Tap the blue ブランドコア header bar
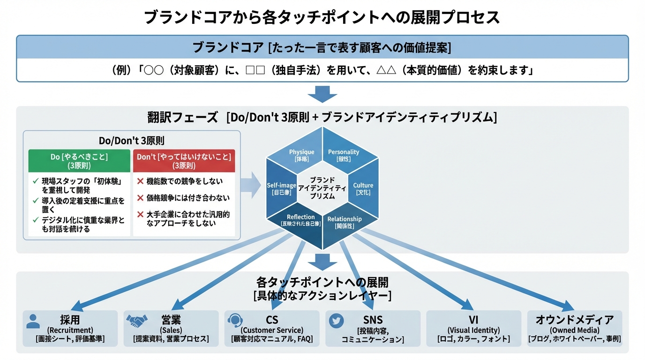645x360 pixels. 322,47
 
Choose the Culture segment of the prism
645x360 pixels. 363,188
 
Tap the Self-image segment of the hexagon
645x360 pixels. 281,188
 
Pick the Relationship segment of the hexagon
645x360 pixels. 345,222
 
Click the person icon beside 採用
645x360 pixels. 33,321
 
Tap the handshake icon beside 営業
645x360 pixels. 136,321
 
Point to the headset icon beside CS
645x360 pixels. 234,321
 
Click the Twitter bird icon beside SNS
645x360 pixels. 336,321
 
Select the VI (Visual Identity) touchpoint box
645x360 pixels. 473,328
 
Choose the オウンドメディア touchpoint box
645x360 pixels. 575,328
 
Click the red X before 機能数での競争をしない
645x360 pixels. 140,181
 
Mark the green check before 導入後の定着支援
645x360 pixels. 36,201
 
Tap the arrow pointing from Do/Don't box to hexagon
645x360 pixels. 251,185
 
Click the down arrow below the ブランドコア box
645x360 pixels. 322,94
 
